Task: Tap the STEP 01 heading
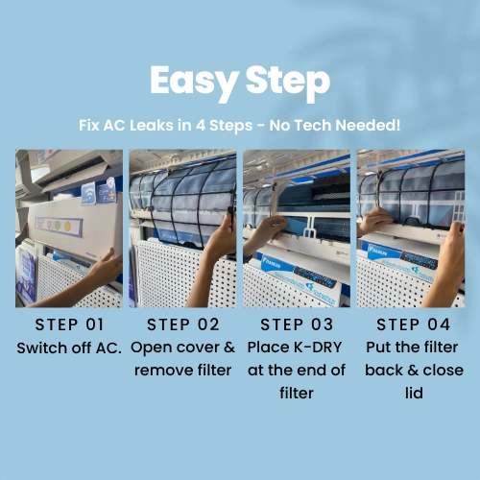click(x=69, y=324)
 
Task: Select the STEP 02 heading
click(x=182, y=324)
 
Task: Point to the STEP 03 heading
click(x=297, y=324)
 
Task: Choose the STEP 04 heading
click(x=413, y=324)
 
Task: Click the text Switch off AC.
click(x=69, y=348)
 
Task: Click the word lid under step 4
click(x=414, y=393)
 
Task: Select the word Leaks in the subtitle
click(x=151, y=125)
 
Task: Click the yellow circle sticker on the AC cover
click(x=68, y=227)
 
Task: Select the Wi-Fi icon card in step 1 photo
click(x=88, y=193)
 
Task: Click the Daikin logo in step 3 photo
click(x=271, y=264)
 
